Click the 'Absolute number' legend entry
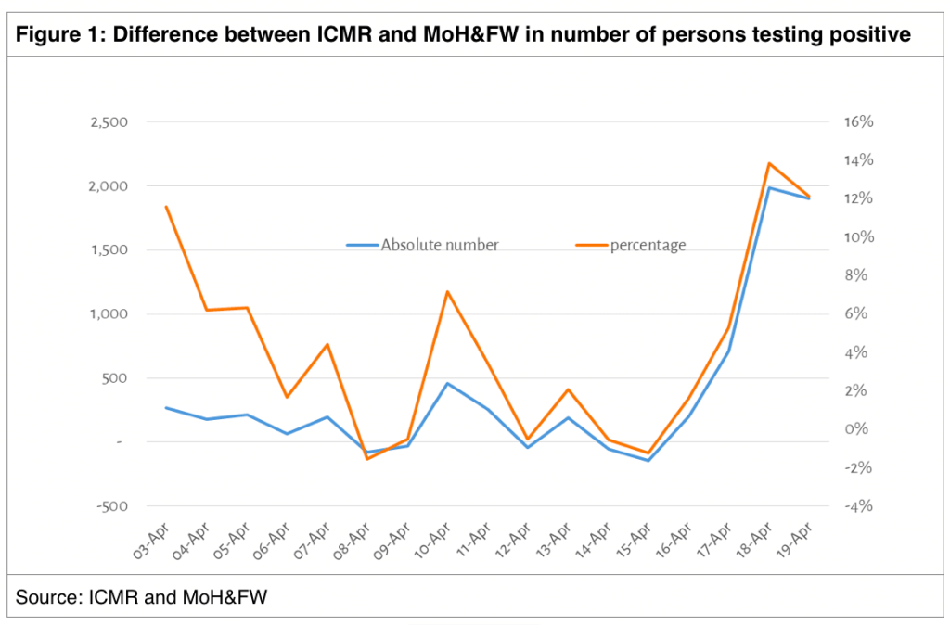point(440,245)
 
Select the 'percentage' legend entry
point(648,245)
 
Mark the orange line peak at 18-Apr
point(769,163)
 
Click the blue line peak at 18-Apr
point(769,188)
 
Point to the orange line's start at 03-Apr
point(165,207)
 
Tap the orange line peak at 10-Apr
point(447,291)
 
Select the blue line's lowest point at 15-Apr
point(648,460)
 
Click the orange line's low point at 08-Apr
point(366,459)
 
